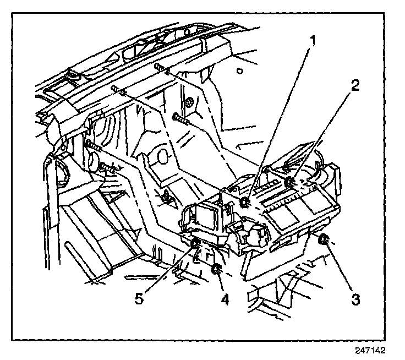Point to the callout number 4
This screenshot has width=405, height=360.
[225, 299]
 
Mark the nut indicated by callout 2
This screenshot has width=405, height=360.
[289, 182]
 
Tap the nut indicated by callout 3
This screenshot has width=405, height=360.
[323, 239]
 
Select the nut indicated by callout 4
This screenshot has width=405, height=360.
[216, 269]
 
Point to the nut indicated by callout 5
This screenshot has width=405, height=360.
[195, 244]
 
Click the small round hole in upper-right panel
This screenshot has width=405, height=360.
[239, 70]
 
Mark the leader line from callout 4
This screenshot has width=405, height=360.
[221, 283]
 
